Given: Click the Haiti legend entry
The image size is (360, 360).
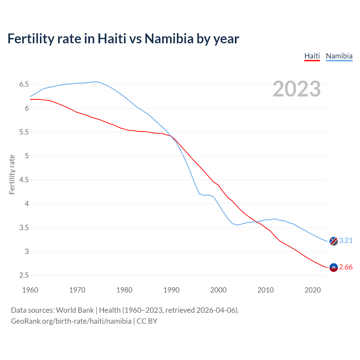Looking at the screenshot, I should tap(312, 56).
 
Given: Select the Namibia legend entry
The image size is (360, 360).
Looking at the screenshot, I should tap(339, 56).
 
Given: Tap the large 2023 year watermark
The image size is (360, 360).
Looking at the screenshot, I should tap(296, 89).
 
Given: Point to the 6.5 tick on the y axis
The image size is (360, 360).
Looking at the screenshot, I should tap(24, 84).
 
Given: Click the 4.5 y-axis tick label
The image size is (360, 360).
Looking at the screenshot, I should tap(24, 180).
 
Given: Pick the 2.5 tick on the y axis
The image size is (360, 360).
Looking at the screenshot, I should tap(24, 275).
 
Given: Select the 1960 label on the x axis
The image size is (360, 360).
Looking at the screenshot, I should tap(30, 290).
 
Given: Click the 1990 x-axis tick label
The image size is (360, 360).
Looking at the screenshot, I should tap(171, 290).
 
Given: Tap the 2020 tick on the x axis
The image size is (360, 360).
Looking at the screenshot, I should tap(312, 290).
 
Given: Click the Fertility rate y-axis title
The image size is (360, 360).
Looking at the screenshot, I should tap(12, 174).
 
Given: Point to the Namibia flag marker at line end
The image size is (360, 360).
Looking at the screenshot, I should tap(334, 241).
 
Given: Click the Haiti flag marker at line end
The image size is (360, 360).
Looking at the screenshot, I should tap(334, 267).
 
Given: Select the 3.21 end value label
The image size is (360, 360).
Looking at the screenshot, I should tap(346, 240).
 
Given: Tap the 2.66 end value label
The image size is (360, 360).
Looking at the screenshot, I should tap(346, 267).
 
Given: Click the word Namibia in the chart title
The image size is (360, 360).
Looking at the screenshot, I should tap(169, 39).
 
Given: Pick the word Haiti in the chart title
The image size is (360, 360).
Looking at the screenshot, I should tap(112, 39).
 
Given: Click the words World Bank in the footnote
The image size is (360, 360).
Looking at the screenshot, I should tap(75, 310).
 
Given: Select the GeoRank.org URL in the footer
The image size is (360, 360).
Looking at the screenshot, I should tap(71, 321).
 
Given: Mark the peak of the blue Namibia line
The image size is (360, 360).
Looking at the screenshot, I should tap(96, 82).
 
